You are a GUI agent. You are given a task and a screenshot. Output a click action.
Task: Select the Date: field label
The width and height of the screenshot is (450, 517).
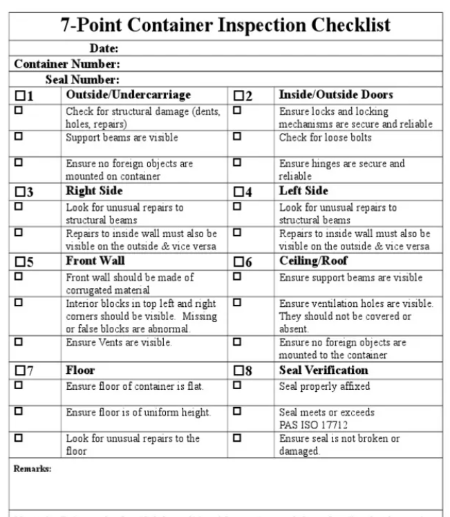(x=104, y=48)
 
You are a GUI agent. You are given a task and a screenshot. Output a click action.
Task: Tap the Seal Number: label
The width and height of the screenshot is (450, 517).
(x=82, y=80)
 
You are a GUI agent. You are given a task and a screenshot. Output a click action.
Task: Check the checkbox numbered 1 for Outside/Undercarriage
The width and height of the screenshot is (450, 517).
(x=19, y=95)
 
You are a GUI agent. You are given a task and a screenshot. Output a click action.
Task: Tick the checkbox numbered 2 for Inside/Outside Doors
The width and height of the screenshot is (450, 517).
(x=238, y=95)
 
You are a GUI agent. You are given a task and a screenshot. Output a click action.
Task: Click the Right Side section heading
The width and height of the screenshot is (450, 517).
(x=94, y=190)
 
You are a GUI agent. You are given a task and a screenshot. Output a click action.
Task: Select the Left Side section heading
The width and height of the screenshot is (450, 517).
(x=303, y=190)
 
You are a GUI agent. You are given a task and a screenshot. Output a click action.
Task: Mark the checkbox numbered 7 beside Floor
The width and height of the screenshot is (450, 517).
(x=19, y=371)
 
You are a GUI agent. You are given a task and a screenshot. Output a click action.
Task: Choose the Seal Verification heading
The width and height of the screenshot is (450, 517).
(x=323, y=370)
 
